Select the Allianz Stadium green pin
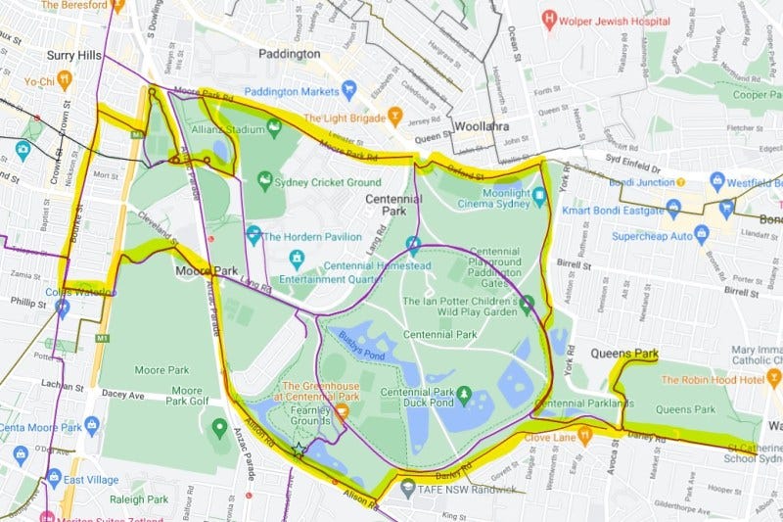274,126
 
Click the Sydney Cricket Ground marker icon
264,181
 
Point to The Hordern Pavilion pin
253,235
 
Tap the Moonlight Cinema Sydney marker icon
539,194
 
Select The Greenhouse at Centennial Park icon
342,410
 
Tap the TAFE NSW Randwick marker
407,487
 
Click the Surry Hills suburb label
73,56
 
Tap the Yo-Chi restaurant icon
65,80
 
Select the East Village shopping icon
54,479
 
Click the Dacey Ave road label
121,396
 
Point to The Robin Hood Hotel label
712,380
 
